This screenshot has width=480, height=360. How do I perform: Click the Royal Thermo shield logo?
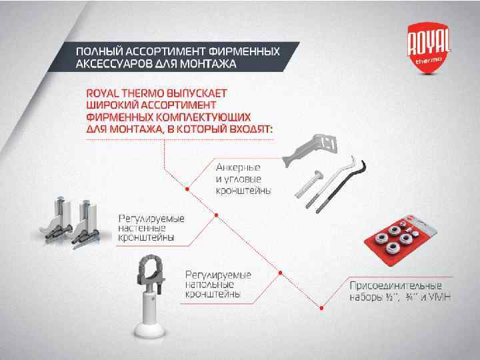click(429, 47)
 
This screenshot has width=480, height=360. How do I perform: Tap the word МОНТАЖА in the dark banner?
click(208, 64)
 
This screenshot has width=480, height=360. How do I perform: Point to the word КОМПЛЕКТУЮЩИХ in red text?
click(203, 117)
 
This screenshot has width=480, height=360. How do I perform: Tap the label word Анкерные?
click(238, 167)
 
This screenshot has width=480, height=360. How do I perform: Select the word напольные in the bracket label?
click(209, 285)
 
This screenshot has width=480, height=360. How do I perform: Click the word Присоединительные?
click(395, 285)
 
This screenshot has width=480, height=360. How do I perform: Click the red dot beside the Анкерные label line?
click(187, 189)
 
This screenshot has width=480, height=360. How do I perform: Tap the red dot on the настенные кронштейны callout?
click(216, 215)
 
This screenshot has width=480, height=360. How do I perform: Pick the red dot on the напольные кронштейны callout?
click(280, 273)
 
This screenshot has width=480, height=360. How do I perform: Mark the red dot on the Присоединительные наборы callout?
click(321, 308)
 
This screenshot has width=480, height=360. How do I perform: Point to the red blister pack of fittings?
click(400, 240)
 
